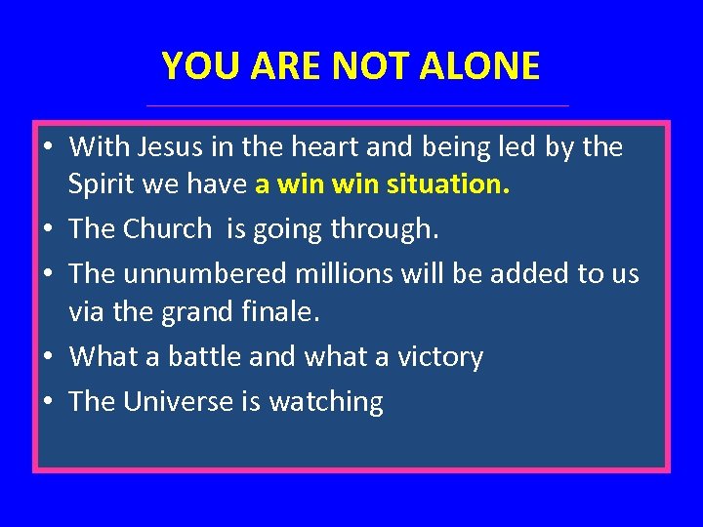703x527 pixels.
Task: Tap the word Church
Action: (166, 228)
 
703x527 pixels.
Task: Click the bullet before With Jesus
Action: (47, 148)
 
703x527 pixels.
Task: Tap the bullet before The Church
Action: (47, 230)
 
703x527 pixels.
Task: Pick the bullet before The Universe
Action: (47, 402)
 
